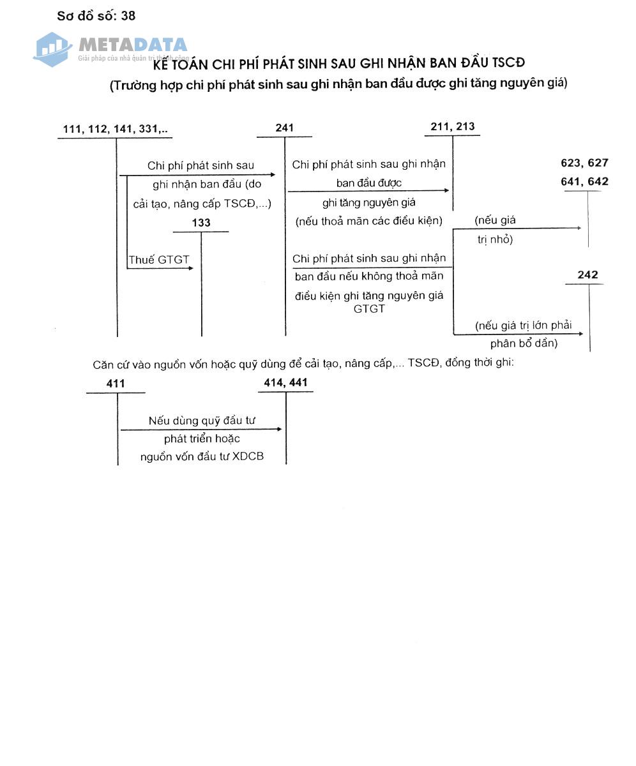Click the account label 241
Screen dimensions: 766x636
click(x=285, y=128)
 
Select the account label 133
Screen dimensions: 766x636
click(x=201, y=223)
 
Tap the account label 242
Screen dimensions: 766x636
click(x=587, y=275)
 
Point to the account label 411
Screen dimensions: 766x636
click(x=116, y=384)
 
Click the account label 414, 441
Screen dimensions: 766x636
click(x=285, y=383)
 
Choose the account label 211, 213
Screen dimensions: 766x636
click(x=453, y=126)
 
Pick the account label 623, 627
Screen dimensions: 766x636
click(x=584, y=163)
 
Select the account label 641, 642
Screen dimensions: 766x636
click(x=584, y=182)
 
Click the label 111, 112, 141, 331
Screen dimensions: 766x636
click(x=116, y=129)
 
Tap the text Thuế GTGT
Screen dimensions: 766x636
click(x=159, y=260)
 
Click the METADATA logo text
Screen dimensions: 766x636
click(x=133, y=45)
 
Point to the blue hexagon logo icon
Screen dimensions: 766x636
click(x=52, y=49)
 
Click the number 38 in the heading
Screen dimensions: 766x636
click(x=128, y=16)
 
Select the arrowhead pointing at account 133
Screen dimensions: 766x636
click(x=190, y=268)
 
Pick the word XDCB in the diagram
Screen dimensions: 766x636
click(x=248, y=456)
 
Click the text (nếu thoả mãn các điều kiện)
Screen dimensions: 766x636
click(x=368, y=222)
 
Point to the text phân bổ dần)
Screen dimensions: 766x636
click(x=524, y=343)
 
